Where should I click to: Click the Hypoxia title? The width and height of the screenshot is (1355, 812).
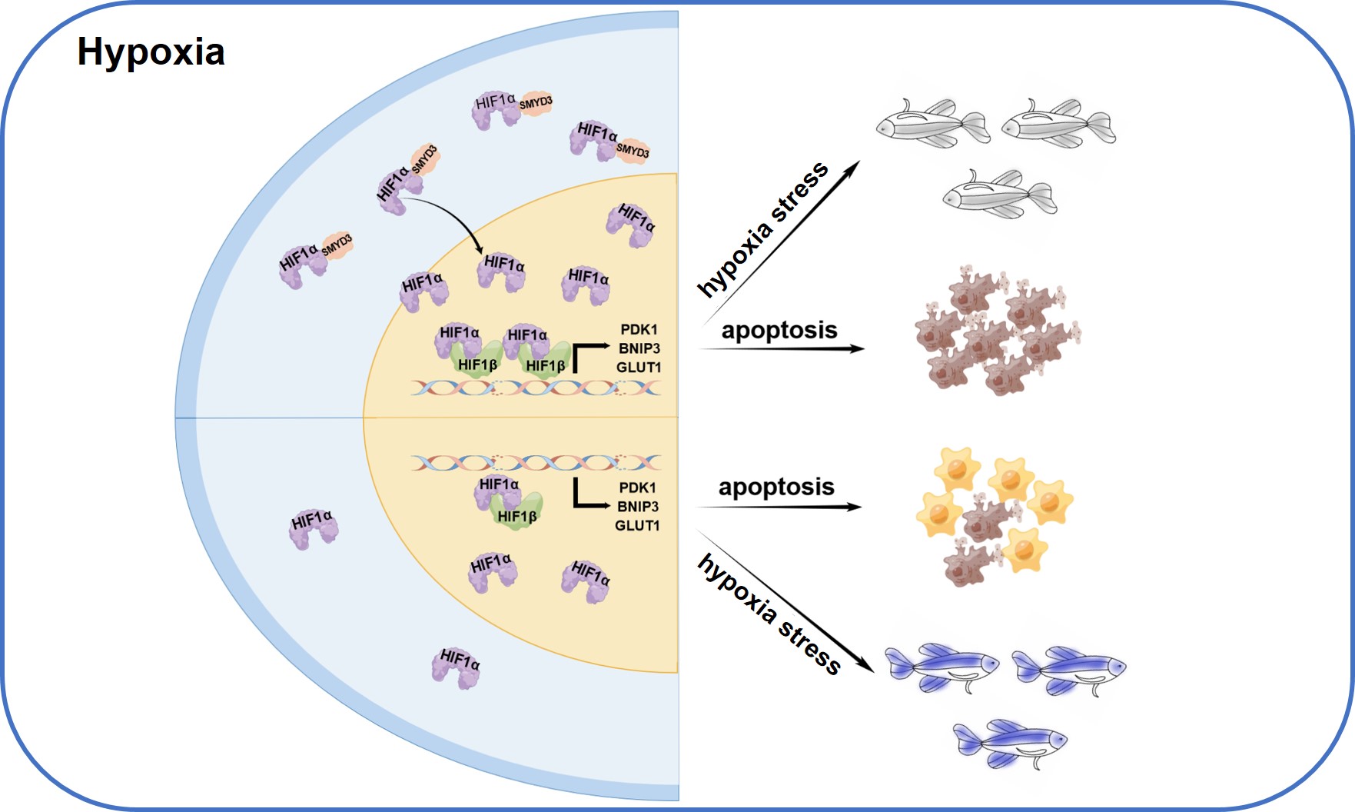(151, 52)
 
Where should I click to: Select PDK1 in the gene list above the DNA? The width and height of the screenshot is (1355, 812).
(639, 330)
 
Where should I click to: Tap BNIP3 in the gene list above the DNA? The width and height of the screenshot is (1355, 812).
(639, 348)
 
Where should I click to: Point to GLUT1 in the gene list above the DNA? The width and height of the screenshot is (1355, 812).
(638, 368)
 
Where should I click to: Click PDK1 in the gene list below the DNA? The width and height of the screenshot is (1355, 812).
(637, 488)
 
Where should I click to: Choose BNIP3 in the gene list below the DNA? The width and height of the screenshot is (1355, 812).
(637, 507)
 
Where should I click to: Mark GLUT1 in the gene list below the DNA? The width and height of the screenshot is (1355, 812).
(636, 526)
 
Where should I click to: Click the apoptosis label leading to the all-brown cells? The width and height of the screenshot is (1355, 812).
(779, 331)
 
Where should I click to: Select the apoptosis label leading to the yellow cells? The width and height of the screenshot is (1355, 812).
(776, 488)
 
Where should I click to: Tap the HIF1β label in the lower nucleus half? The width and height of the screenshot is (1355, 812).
(516, 517)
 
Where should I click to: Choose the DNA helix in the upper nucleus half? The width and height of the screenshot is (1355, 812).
(536, 388)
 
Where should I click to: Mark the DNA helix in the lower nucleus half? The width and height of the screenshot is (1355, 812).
(536, 462)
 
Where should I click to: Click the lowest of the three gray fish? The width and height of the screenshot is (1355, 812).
(999, 193)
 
